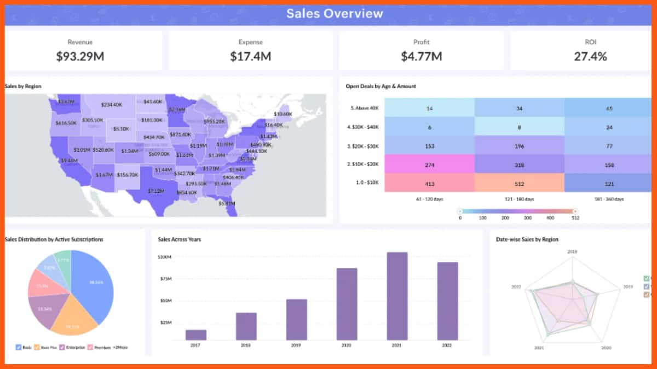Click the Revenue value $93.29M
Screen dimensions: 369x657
tap(83, 56)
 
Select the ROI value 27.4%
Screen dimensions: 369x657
tap(590, 56)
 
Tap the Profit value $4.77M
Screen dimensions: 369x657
tap(421, 56)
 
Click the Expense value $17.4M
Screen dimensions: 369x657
tap(250, 56)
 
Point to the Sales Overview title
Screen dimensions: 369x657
tap(335, 14)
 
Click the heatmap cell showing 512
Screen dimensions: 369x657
tap(519, 184)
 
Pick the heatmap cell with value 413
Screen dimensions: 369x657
tap(429, 184)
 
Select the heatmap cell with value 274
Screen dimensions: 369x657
tap(429, 165)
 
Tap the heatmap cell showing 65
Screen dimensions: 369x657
tap(609, 108)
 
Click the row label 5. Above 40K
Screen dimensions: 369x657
tap(364, 108)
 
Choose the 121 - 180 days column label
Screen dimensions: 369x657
tap(519, 200)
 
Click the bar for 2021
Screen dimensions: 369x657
tap(397, 296)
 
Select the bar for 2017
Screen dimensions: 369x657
tap(196, 335)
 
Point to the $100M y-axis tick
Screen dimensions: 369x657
tap(164, 256)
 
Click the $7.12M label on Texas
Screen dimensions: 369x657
tap(156, 191)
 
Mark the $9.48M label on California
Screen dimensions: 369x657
tap(70, 161)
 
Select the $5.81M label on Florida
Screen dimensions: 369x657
tap(227, 203)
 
